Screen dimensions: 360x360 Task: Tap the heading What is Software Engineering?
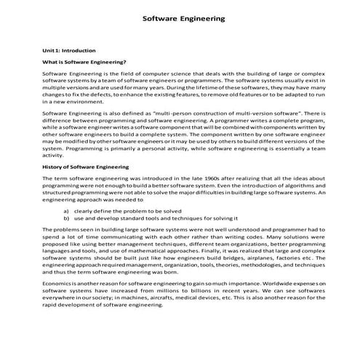tap(84, 63)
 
